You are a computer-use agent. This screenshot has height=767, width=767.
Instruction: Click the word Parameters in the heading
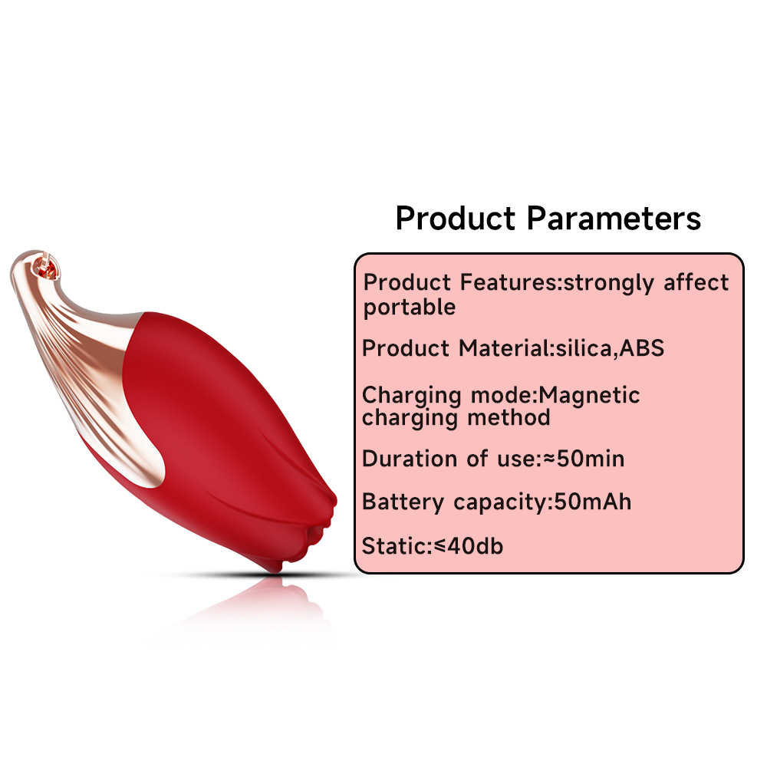point(614,218)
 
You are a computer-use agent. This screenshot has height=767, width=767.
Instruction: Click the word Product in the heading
point(456,218)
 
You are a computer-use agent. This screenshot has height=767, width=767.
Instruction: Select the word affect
point(696,282)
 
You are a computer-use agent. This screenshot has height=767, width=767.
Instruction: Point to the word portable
point(410,308)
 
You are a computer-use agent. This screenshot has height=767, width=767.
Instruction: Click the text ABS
point(642,348)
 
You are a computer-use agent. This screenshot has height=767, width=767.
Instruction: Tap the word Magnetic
point(588,395)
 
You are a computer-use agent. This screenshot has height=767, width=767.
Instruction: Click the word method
point(509,418)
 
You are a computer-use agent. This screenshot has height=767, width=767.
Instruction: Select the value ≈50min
point(584,459)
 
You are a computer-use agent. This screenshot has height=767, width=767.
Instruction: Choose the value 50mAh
point(592,502)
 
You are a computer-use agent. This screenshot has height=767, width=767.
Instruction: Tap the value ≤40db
point(469,546)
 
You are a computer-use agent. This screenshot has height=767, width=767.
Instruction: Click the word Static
point(395,546)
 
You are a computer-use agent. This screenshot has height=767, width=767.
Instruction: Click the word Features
point(509,283)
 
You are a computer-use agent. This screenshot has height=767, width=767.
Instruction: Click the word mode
point(501,395)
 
